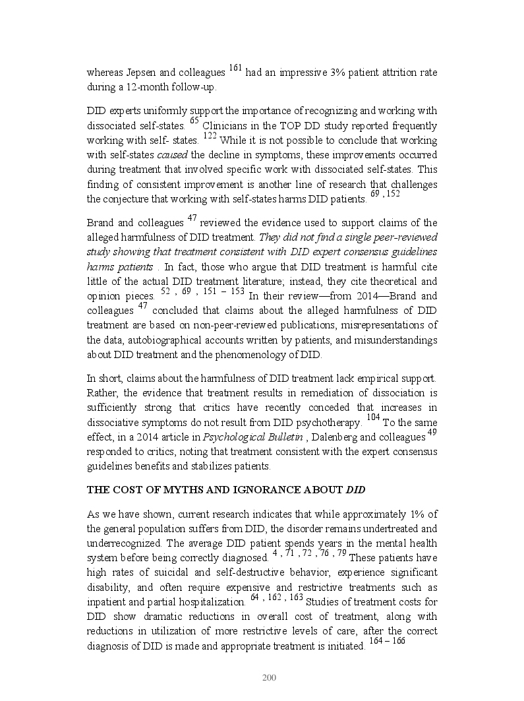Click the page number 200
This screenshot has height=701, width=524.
[x=268, y=677]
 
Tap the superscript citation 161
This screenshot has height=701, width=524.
[x=236, y=69]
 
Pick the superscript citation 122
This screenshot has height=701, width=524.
[x=210, y=136]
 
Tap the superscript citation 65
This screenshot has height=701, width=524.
[x=194, y=121]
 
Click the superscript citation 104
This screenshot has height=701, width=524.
[x=373, y=417]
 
